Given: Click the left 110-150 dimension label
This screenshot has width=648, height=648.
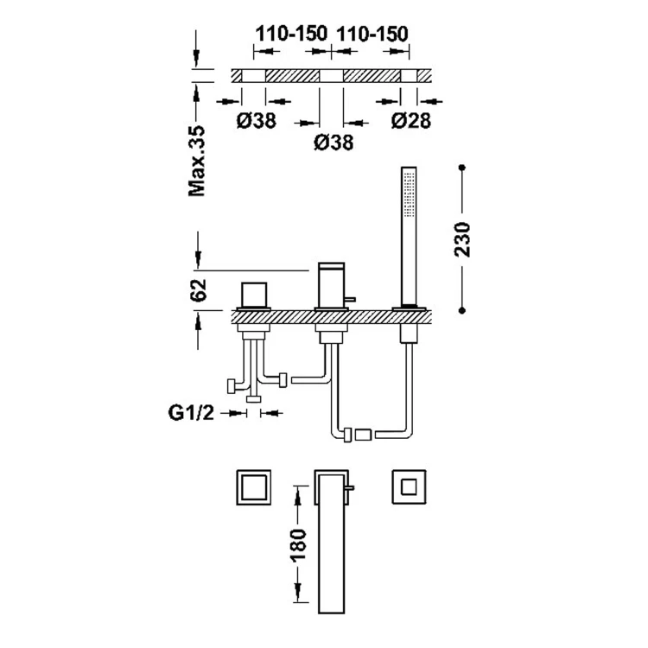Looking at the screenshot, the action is click(x=291, y=34).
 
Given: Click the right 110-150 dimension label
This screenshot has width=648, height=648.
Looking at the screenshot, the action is click(x=372, y=34).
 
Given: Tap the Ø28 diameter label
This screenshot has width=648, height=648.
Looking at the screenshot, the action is click(x=411, y=121).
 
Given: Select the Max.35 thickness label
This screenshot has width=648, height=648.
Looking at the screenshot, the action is click(x=197, y=161).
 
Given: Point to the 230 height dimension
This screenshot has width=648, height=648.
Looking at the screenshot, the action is click(x=462, y=239).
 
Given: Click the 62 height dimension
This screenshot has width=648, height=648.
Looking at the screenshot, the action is click(x=198, y=290).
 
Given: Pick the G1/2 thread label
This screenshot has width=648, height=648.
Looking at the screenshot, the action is click(x=191, y=412).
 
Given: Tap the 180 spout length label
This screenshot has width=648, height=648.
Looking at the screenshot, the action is click(x=299, y=544).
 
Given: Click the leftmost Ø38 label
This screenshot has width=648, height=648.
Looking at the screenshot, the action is click(x=257, y=121).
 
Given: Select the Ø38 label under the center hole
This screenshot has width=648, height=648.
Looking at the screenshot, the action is click(x=334, y=143).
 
